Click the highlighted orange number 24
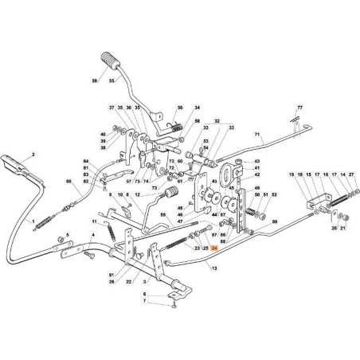tap(214, 248)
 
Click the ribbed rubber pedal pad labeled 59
tap(108, 61)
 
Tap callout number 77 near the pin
tap(300, 107)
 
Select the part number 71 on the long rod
tap(257, 136)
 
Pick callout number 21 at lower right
tap(343, 228)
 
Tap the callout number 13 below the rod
tap(213, 268)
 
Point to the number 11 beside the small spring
tap(94, 221)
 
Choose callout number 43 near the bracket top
tap(257, 161)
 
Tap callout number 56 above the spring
tap(180, 108)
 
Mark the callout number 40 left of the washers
tap(103, 134)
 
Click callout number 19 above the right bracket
tap(292, 174)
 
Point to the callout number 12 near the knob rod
tap(137, 194)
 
